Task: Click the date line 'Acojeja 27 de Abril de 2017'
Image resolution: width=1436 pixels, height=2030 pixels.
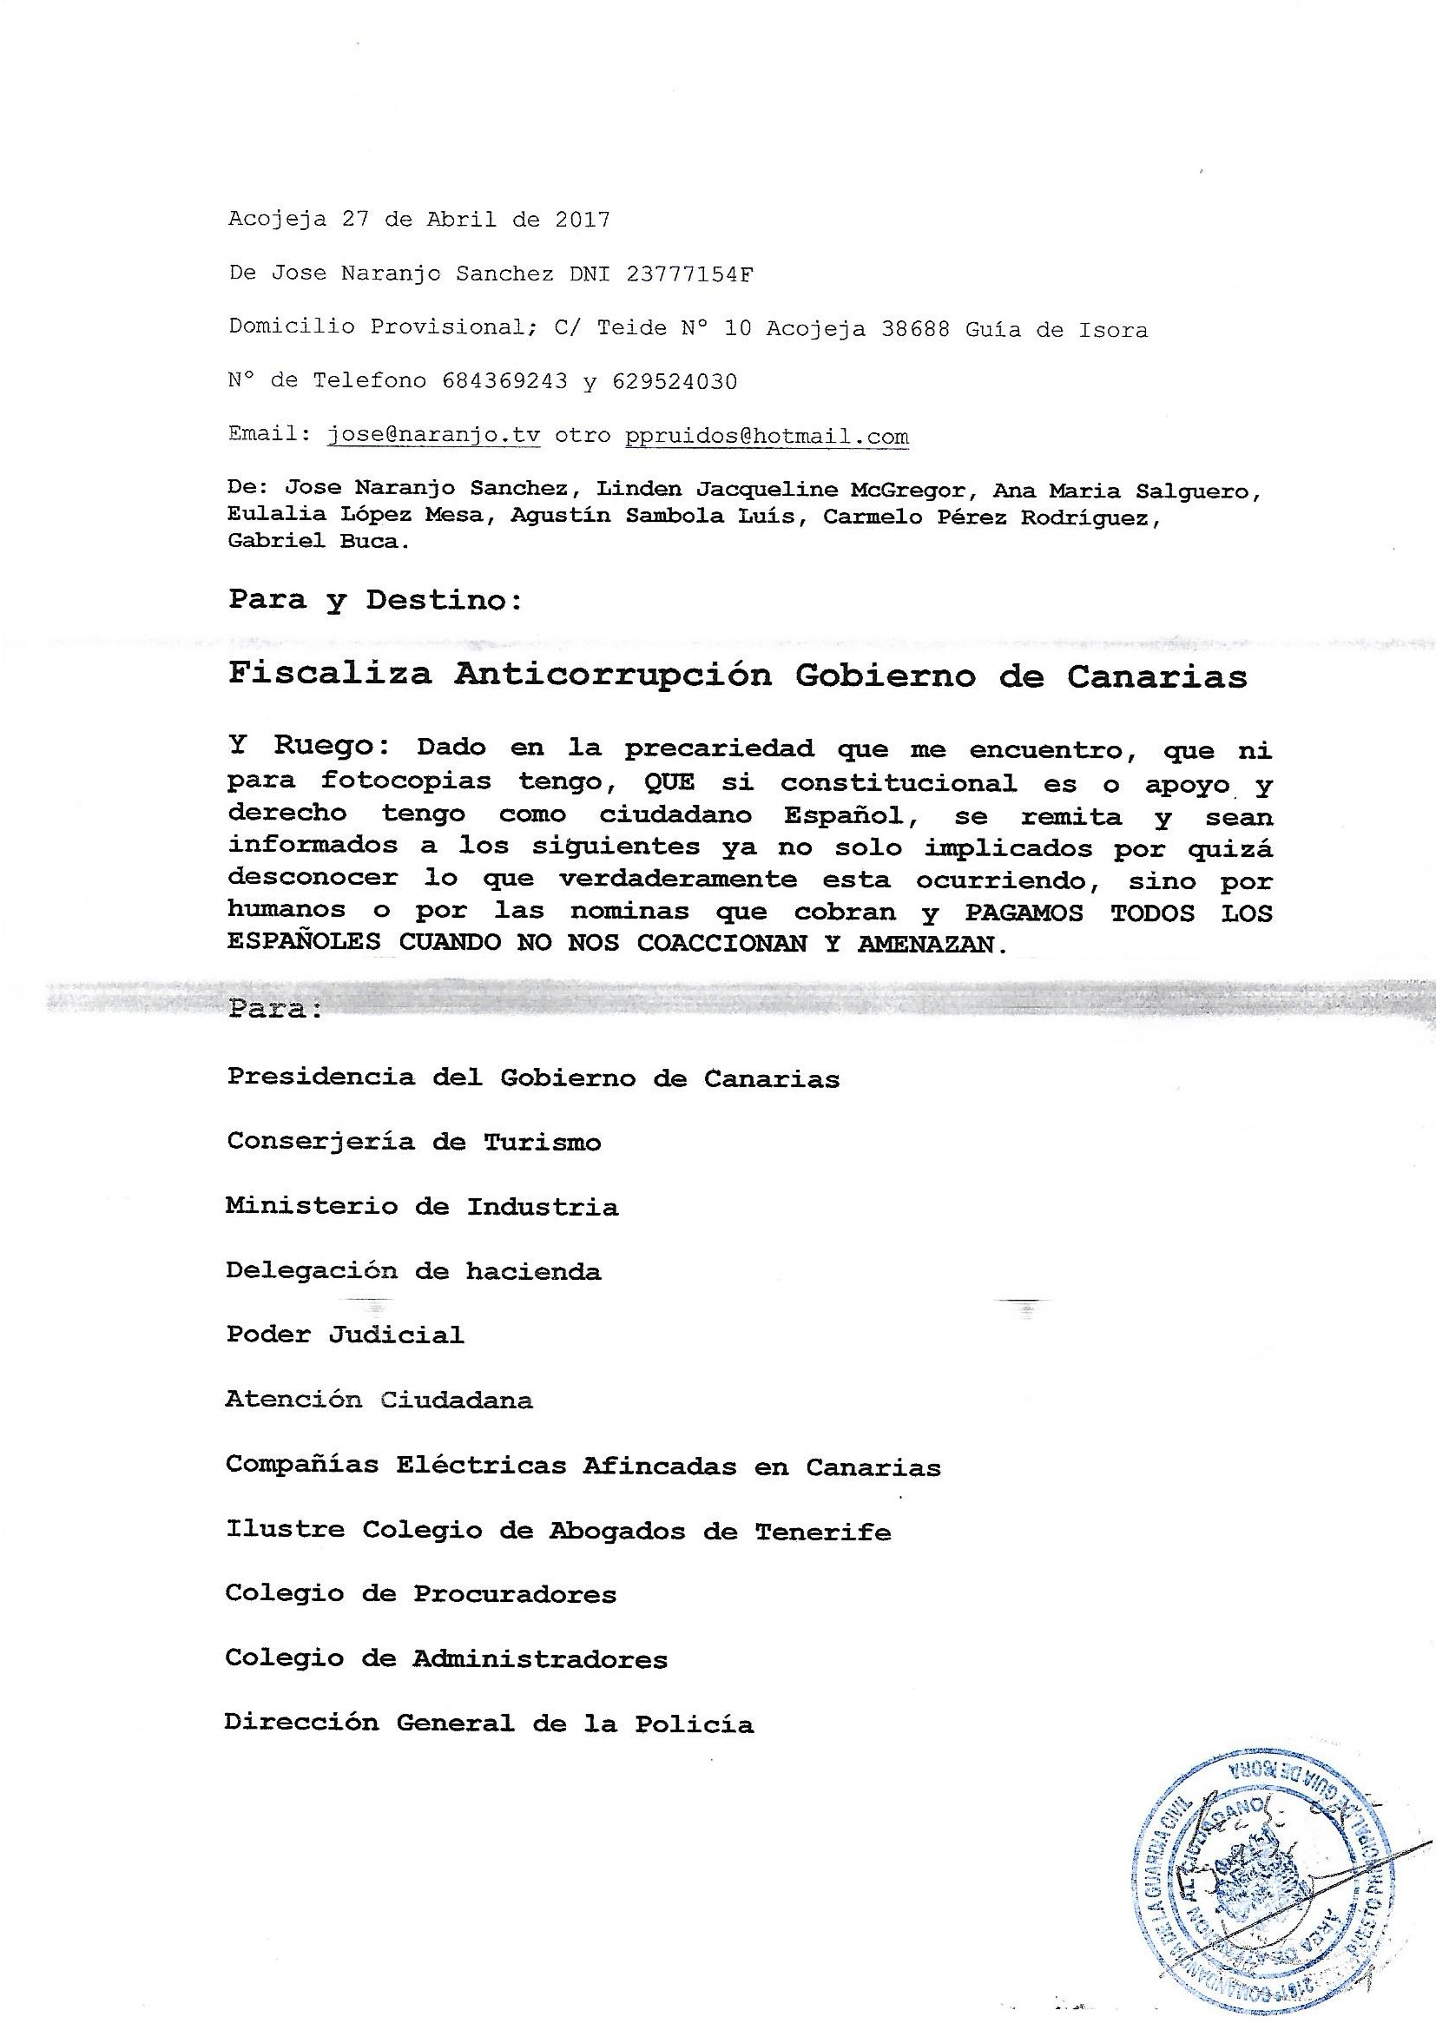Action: [x=419, y=220]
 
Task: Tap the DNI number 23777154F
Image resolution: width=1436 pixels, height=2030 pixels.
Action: [x=689, y=274]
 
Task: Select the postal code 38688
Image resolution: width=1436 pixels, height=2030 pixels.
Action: [x=915, y=329]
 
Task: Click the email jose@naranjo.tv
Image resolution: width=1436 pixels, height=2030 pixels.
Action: [x=433, y=436]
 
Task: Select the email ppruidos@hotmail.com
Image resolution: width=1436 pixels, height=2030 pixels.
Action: [x=767, y=436]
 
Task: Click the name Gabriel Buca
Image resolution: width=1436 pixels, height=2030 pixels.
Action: [x=319, y=541]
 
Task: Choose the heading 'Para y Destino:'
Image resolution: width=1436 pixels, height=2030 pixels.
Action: [x=376, y=599]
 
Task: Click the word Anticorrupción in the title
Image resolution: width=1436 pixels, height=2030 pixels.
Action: [x=613, y=675]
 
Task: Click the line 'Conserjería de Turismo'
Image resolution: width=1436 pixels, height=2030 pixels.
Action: [x=414, y=1142]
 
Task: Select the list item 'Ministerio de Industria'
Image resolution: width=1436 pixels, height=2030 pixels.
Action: [x=422, y=1206]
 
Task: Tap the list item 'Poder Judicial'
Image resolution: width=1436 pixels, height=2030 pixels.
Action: [x=345, y=1335]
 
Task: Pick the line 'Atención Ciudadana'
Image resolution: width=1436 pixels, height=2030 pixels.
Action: [x=379, y=1400]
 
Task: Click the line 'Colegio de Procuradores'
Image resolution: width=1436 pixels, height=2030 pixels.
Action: [x=421, y=1594]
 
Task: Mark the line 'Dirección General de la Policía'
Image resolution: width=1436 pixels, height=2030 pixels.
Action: [x=489, y=1724]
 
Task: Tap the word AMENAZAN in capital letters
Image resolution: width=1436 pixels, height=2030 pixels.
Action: [x=932, y=945]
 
